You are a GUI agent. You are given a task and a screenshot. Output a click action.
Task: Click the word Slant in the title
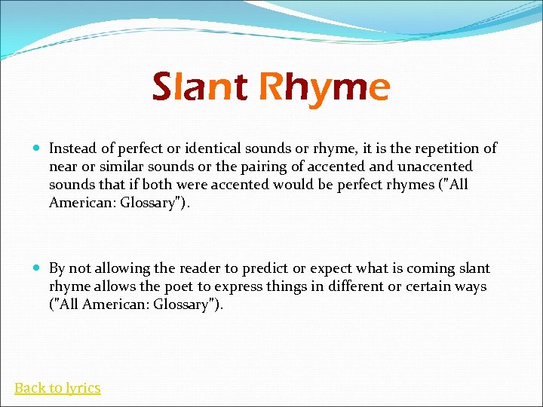(x=199, y=87)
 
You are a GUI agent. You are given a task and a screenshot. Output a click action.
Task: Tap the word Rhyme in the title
(x=324, y=88)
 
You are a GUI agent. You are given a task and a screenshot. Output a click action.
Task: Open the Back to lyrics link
(x=57, y=388)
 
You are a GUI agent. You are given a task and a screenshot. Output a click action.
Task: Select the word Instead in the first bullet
(x=74, y=148)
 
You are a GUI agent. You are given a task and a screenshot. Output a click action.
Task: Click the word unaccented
(x=434, y=167)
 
